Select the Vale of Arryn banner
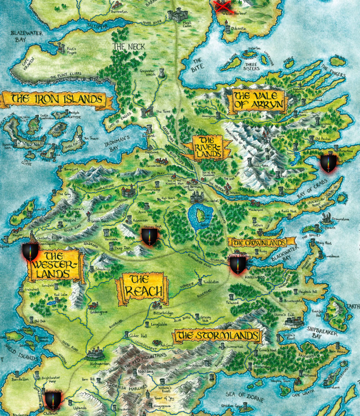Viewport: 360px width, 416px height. coord(257,101)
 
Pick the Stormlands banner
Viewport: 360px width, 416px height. coord(217,336)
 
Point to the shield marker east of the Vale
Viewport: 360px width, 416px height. coord(328,163)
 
